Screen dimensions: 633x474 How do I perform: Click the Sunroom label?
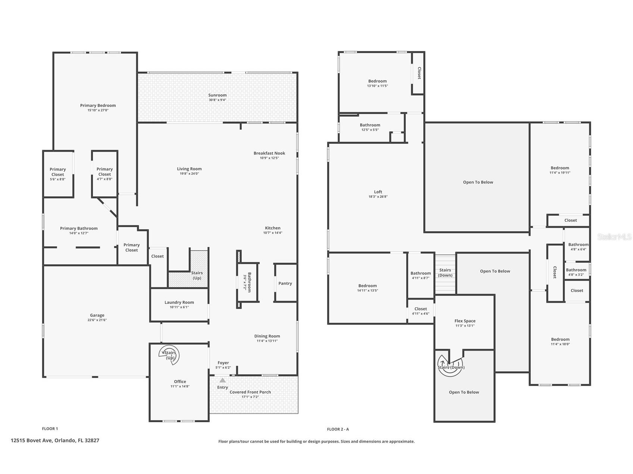pos(217,95)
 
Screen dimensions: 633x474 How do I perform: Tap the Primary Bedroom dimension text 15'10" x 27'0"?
pos(98,110)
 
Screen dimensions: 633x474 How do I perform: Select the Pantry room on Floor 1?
pos(285,283)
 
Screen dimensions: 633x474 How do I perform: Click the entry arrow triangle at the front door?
pos(222,380)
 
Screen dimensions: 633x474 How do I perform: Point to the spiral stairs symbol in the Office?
pos(169,355)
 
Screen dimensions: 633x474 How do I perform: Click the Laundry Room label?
pos(179,302)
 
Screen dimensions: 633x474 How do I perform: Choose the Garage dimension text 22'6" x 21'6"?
pos(97,320)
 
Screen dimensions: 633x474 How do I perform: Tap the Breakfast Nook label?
pos(269,153)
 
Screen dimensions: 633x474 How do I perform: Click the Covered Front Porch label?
pos(250,392)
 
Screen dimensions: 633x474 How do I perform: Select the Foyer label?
pos(223,363)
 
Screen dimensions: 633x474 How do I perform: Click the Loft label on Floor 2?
pos(378,192)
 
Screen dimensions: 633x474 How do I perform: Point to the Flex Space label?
pos(465,321)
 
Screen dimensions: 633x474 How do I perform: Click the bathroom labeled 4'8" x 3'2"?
pos(576,272)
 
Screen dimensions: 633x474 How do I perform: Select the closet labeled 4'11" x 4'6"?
pos(421,311)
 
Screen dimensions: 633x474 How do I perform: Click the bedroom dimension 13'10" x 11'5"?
pos(377,86)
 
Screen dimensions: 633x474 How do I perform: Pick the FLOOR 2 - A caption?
pos(338,429)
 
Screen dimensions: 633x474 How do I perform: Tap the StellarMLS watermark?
pos(615,237)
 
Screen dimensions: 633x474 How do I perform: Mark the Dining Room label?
pos(267,336)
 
